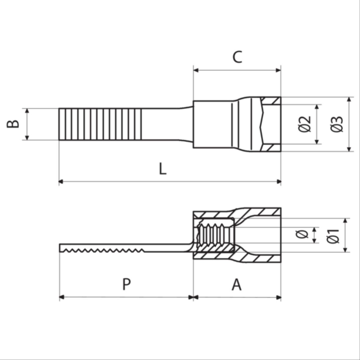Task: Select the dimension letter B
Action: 13,124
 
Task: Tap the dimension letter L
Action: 163,169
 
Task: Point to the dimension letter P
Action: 126,284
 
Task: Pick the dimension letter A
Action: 237,285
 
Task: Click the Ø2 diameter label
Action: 305,124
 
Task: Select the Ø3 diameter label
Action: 337,124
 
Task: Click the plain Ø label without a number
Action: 302,234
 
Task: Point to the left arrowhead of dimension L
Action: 61,182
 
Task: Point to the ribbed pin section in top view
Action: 100,124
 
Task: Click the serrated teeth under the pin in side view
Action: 104,250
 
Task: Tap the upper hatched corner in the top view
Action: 271,101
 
